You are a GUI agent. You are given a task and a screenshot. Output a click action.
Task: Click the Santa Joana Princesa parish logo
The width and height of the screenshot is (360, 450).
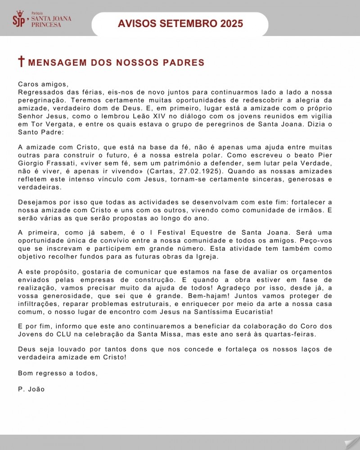pyautogui.click(x=41, y=19)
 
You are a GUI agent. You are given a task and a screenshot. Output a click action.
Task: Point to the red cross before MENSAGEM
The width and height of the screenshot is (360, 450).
pyautogui.click(x=21, y=62)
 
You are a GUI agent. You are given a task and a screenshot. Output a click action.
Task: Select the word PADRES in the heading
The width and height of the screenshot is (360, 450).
pyautogui.click(x=184, y=63)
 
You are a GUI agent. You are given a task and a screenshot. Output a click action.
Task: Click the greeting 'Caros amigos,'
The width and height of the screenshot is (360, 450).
pyautogui.click(x=43, y=84)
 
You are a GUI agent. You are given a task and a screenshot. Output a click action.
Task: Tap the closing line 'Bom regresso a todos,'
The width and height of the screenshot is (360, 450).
pyautogui.click(x=58, y=373)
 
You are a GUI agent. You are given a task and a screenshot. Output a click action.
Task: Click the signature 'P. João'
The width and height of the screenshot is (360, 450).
pyautogui.click(x=31, y=389)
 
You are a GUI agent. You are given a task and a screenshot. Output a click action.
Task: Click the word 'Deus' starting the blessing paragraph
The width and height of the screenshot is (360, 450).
pyautogui.click(x=27, y=349)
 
